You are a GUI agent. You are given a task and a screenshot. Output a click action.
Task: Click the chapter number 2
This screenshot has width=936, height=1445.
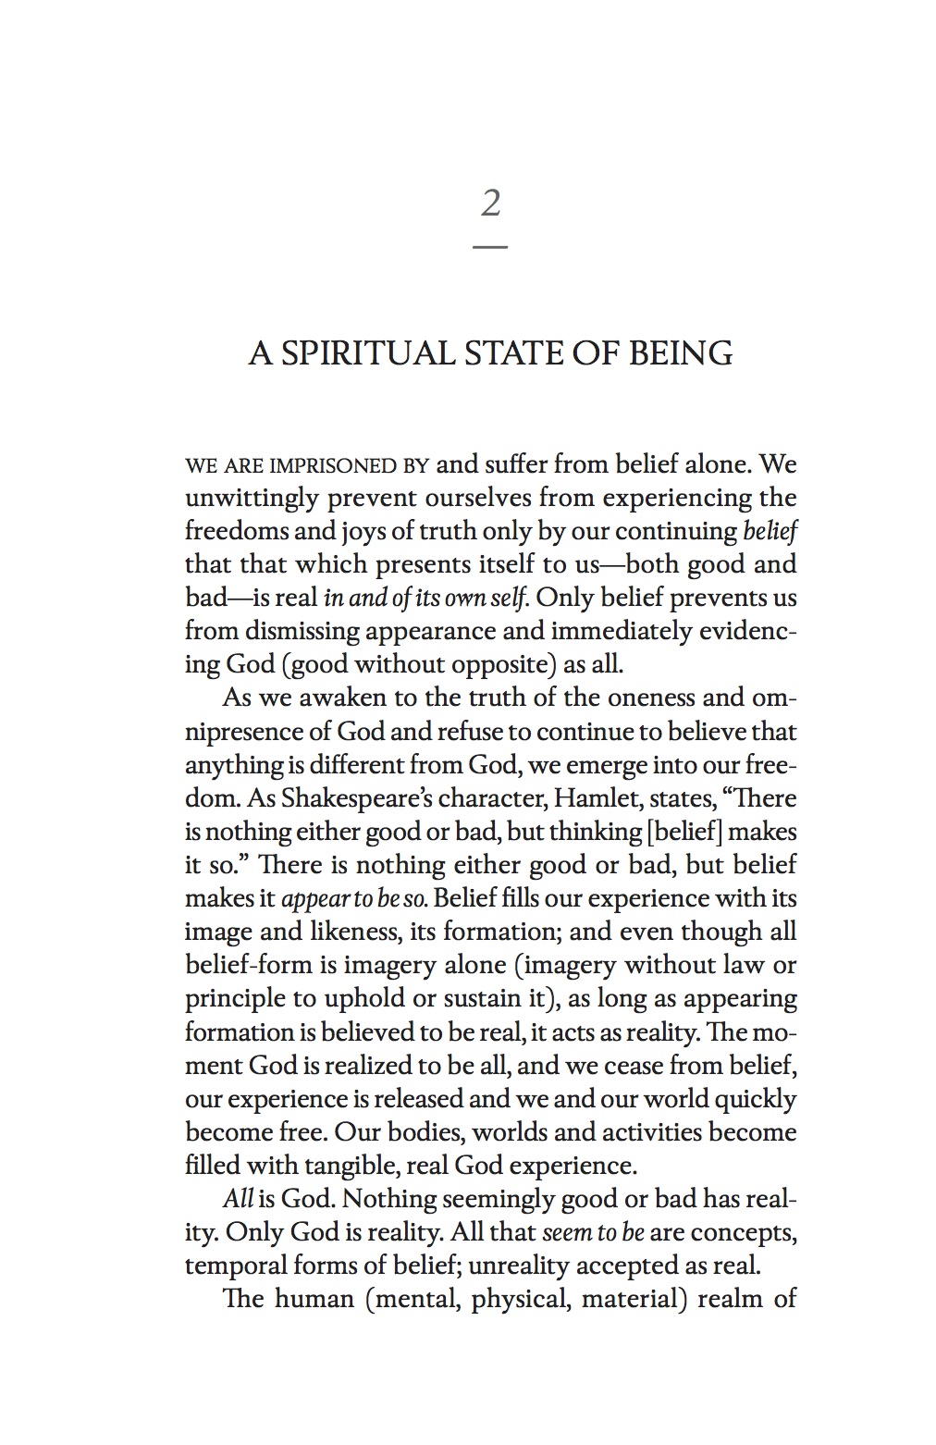tap(490, 203)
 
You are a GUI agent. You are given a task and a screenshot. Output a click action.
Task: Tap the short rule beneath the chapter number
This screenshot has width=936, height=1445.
tap(490, 247)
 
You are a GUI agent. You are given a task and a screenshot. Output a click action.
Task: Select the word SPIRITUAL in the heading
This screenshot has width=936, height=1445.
tap(368, 353)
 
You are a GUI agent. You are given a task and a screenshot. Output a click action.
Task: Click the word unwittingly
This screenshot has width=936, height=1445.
tap(244, 499)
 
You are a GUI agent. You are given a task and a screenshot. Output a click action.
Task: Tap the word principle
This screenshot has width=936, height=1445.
tap(236, 998)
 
